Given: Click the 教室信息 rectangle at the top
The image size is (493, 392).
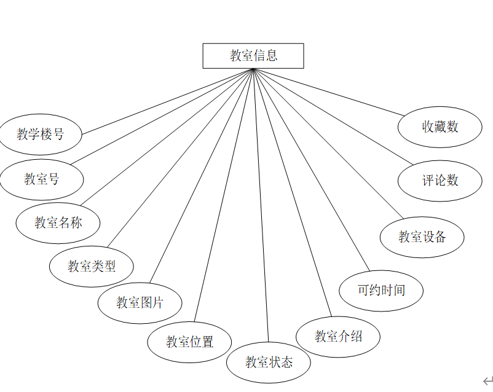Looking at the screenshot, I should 253,55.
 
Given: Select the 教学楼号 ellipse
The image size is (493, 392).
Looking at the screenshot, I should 41,134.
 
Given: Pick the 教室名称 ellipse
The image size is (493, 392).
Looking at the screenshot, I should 58,222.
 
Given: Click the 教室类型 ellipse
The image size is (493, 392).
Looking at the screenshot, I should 92,266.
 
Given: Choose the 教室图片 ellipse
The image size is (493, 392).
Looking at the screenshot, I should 140,302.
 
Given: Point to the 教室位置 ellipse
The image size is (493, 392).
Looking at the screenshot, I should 190,342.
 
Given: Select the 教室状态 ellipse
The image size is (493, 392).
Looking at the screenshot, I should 269,362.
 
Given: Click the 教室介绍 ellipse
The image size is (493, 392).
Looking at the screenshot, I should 338,336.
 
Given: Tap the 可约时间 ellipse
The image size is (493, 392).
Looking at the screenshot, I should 381,289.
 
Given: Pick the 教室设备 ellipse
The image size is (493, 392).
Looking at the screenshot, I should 422,237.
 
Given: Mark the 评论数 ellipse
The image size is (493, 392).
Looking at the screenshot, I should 440,180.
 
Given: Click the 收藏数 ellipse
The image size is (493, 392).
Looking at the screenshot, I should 440,127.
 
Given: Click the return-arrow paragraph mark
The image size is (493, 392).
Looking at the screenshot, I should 487,380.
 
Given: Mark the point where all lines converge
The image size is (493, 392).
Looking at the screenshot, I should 253,69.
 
